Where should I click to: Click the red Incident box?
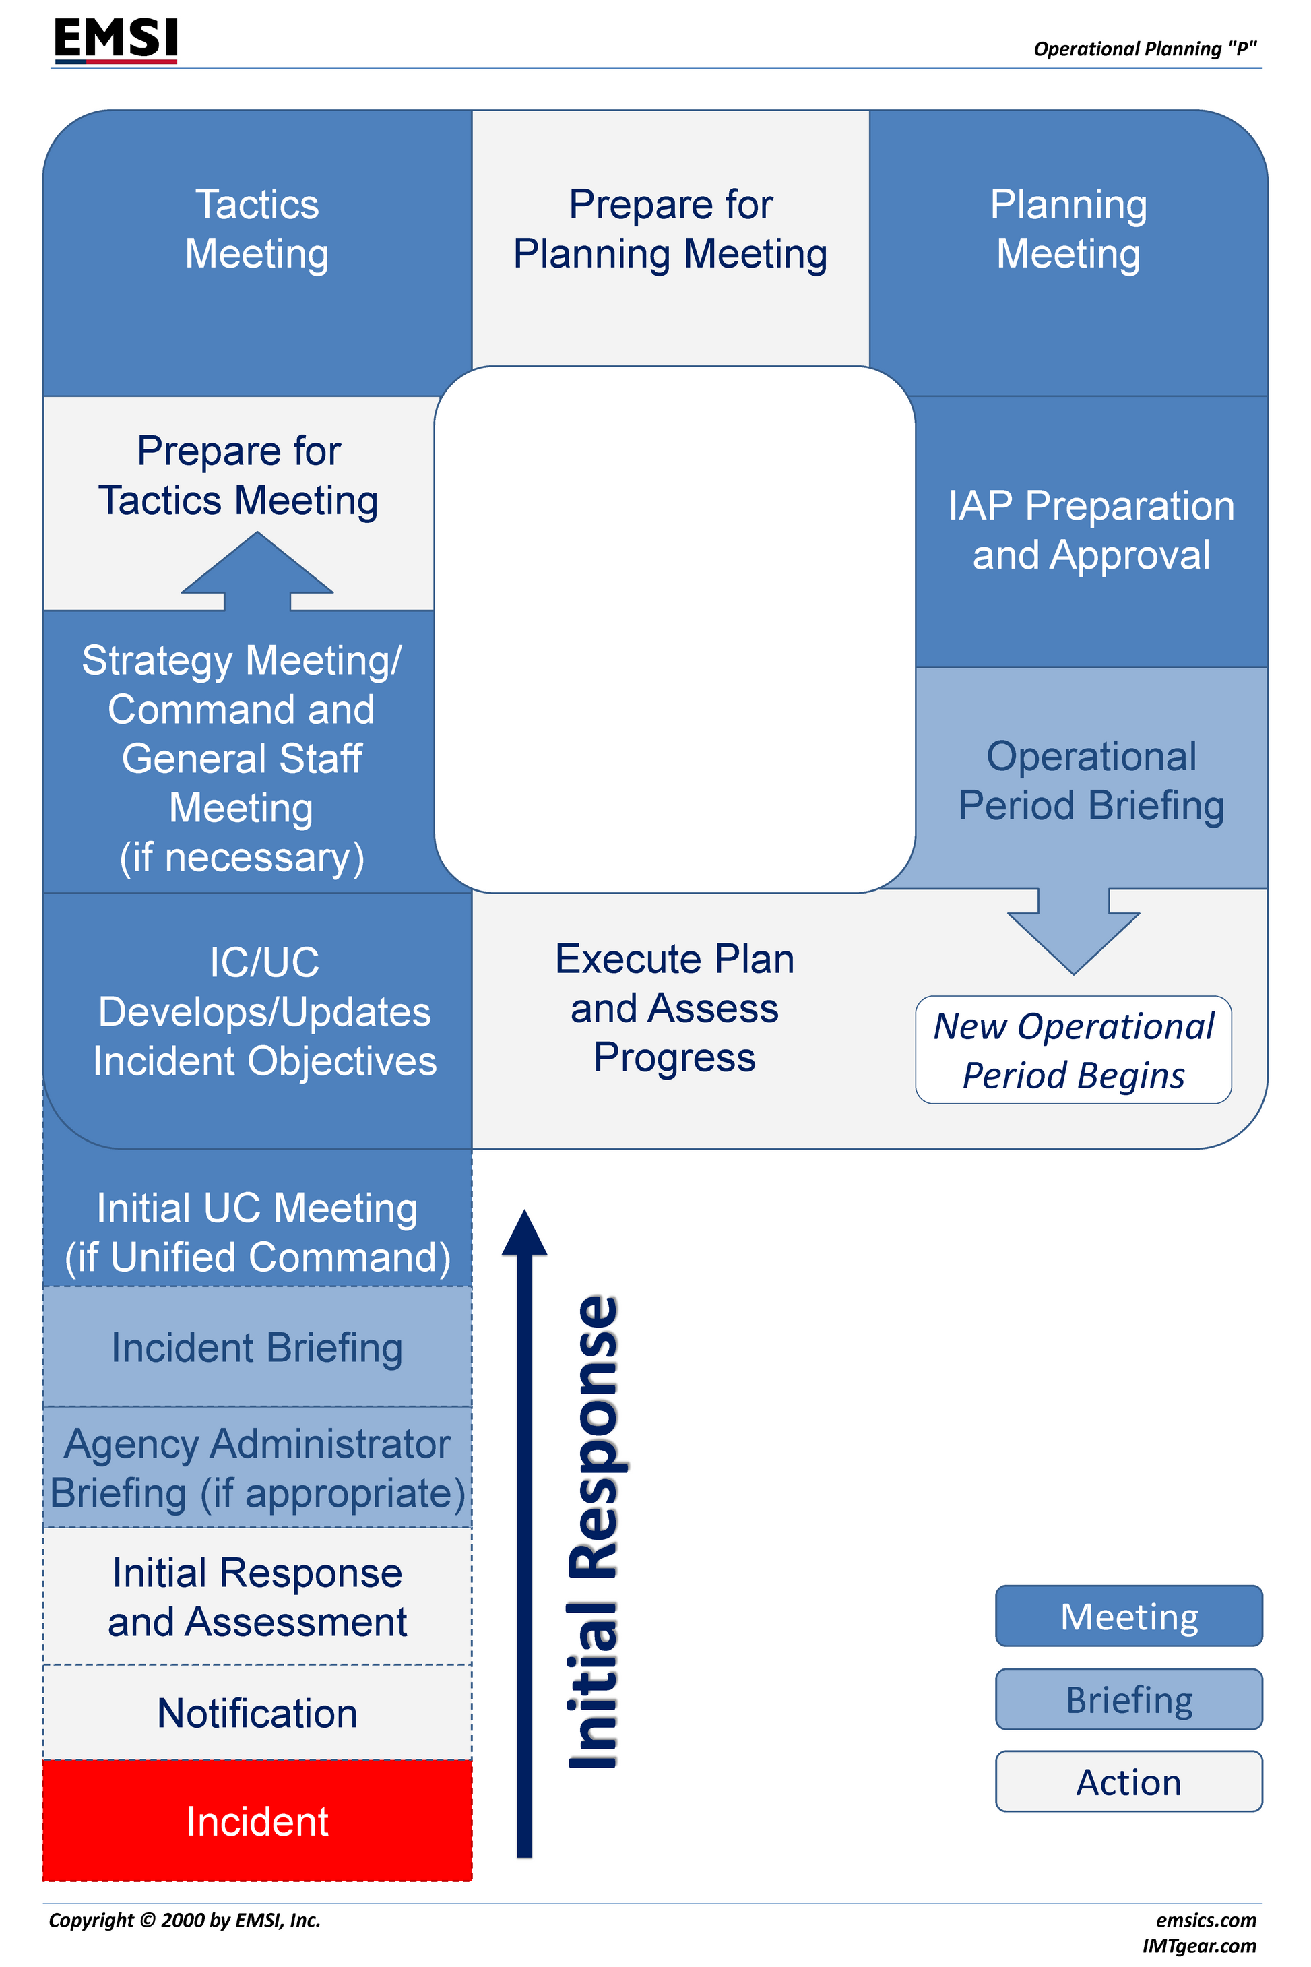pyautogui.click(x=257, y=1821)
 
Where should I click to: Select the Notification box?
pyautogui.click(x=257, y=1713)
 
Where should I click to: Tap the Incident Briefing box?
pyautogui.click(x=257, y=1347)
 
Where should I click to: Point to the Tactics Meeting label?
pyautogui.click(x=257, y=229)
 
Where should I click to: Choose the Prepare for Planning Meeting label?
pyautogui.click(x=670, y=229)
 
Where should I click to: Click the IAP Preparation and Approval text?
pyautogui.click(x=1091, y=530)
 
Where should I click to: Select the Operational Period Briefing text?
pyautogui.click(x=1091, y=781)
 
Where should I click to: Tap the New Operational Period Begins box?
pyautogui.click(x=1074, y=1051)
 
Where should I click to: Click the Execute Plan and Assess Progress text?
pyautogui.click(x=675, y=1007)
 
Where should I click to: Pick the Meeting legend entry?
pyautogui.click(x=1128, y=1617)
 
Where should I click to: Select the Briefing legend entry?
pyautogui.click(x=1128, y=1699)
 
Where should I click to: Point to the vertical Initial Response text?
pyautogui.click(x=594, y=1530)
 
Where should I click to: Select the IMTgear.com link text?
pyautogui.click(x=1199, y=1946)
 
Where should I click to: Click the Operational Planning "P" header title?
pyautogui.click(x=1145, y=49)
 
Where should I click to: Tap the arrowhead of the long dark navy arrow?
pyautogui.click(x=524, y=1234)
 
